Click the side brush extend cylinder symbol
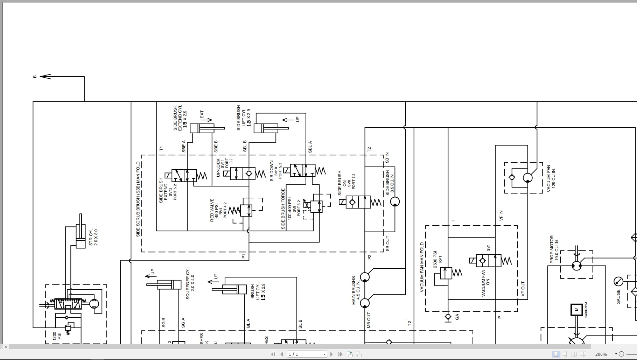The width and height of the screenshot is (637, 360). click(202, 128)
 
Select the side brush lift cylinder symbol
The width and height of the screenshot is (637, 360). click(266, 128)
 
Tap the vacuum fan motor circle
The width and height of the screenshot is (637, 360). click(527, 178)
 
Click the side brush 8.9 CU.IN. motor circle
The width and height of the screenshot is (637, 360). click(395, 202)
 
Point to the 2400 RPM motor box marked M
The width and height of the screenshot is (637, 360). click(576, 310)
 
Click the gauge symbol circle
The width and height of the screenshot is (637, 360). click(618, 281)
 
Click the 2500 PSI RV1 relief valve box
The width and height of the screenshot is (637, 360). click(446, 273)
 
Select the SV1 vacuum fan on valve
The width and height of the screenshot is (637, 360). click(489, 261)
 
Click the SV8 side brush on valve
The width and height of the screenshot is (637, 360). click(358, 202)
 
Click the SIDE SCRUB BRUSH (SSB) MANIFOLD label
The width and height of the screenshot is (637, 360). click(138, 199)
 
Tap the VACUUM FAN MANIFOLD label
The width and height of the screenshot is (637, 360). click(422, 267)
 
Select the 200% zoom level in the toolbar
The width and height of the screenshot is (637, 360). click(601, 354)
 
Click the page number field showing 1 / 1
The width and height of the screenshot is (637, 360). click(307, 354)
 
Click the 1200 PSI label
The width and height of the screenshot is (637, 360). click(57, 336)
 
